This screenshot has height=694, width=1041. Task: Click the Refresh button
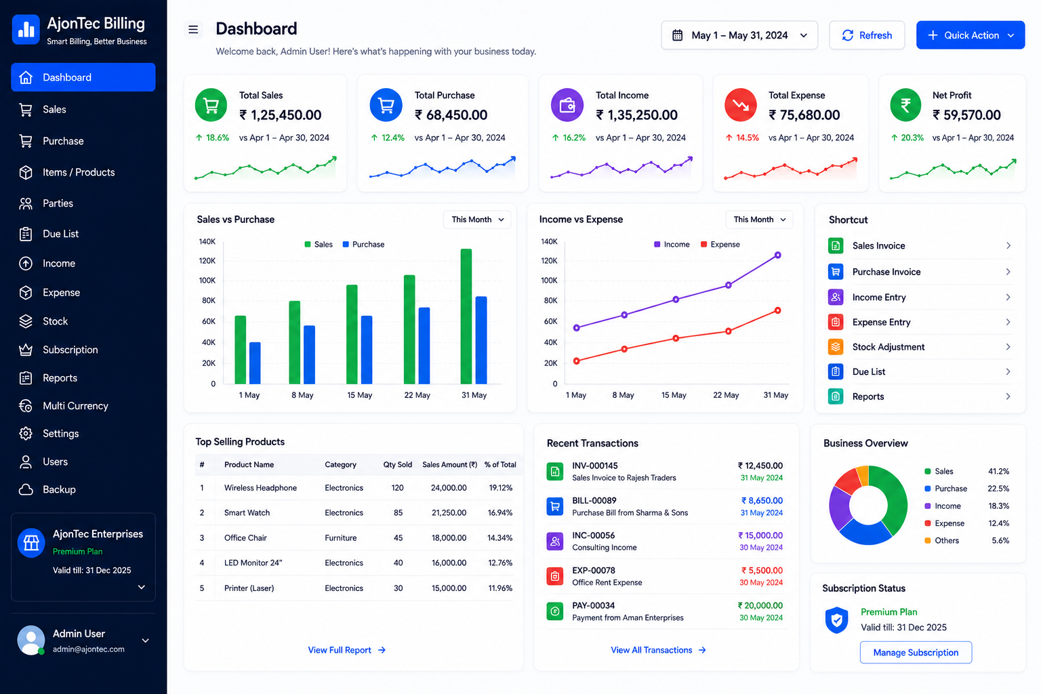(x=867, y=35)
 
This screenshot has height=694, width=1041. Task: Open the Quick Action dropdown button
(x=971, y=35)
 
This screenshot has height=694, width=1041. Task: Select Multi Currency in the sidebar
(x=75, y=406)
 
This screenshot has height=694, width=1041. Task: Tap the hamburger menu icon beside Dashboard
(x=193, y=30)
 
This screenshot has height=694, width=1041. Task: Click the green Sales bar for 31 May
(x=466, y=317)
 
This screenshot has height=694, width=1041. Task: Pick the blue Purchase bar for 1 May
(x=255, y=363)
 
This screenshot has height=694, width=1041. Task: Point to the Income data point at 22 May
(x=729, y=285)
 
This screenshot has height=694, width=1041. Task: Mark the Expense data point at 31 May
(x=777, y=310)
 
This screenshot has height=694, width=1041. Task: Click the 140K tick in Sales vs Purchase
(x=207, y=242)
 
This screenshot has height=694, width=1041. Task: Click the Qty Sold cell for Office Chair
(x=398, y=538)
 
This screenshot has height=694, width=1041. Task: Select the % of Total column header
(x=500, y=464)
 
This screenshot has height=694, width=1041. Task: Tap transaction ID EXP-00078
(x=594, y=571)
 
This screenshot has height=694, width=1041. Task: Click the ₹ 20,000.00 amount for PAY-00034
(x=760, y=606)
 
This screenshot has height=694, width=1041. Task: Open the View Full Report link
(x=347, y=651)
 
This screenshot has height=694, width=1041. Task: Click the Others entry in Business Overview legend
(x=946, y=541)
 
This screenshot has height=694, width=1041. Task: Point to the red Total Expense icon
(x=740, y=105)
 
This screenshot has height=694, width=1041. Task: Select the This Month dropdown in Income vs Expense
(x=759, y=220)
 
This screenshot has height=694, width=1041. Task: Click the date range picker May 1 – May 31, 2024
(x=739, y=35)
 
